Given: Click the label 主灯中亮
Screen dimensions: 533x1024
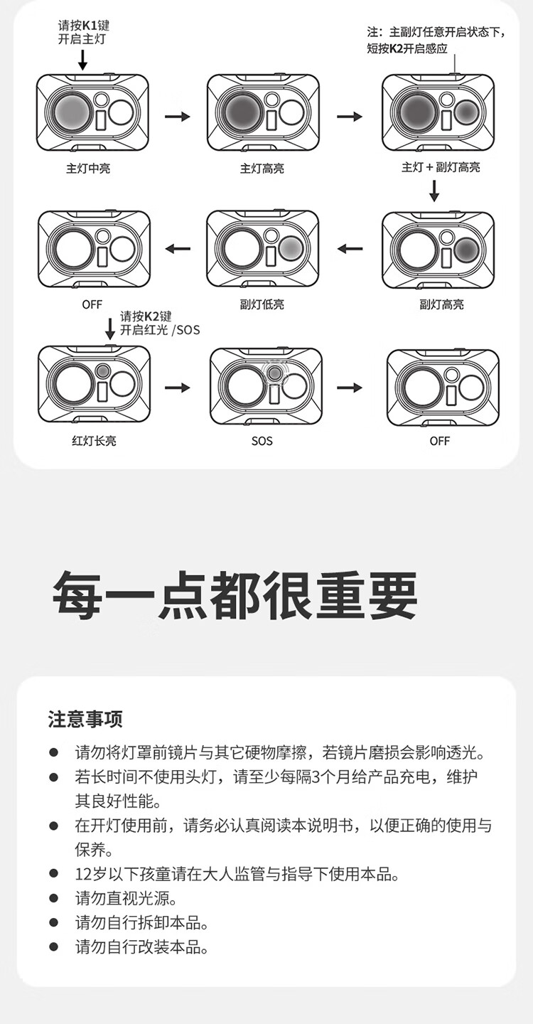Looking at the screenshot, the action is pyautogui.click(x=88, y=169).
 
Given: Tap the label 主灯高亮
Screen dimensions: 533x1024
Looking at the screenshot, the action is pyautogui.click(x=262, y=169).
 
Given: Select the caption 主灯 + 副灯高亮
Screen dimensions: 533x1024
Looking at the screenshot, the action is pyautogui.click(x=441, y=167).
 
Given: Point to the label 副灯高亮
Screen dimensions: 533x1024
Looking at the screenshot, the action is pyautogui.click(x=441, y=304).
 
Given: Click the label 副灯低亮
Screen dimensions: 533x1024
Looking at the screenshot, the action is pyautogui.click(x=262, y=304).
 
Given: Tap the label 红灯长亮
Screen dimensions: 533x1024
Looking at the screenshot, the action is pyautogui.click(x=94, y=441).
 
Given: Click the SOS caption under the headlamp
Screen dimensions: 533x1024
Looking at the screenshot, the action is pyautogui.click(x=262, y=441).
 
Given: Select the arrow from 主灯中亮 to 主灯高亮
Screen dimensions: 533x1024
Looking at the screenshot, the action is pyautogui.click(x=177, y=117).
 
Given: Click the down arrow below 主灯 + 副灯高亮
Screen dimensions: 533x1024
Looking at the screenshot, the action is pyautogui.click(x=434, y=191).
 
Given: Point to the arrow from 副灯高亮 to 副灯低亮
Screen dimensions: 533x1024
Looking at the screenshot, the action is pyautogui.click(x=350, y=249).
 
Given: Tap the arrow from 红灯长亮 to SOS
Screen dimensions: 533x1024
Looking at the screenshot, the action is pyautogui.click(x=177, y=388).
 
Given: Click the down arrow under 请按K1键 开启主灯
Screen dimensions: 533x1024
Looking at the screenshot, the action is pyautogui.click(x=82, y=60).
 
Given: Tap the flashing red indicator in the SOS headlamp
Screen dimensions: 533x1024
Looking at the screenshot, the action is pyautogui.click(x=274, y=373).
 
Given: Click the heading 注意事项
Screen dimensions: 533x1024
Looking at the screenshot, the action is pyautogui.click(x=85, y=719).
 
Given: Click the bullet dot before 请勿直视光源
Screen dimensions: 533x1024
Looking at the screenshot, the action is pyautogui.click(x=54, y=899).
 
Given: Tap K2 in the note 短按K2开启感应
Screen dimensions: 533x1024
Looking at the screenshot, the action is pyautogui.click(x=397, y=48).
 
